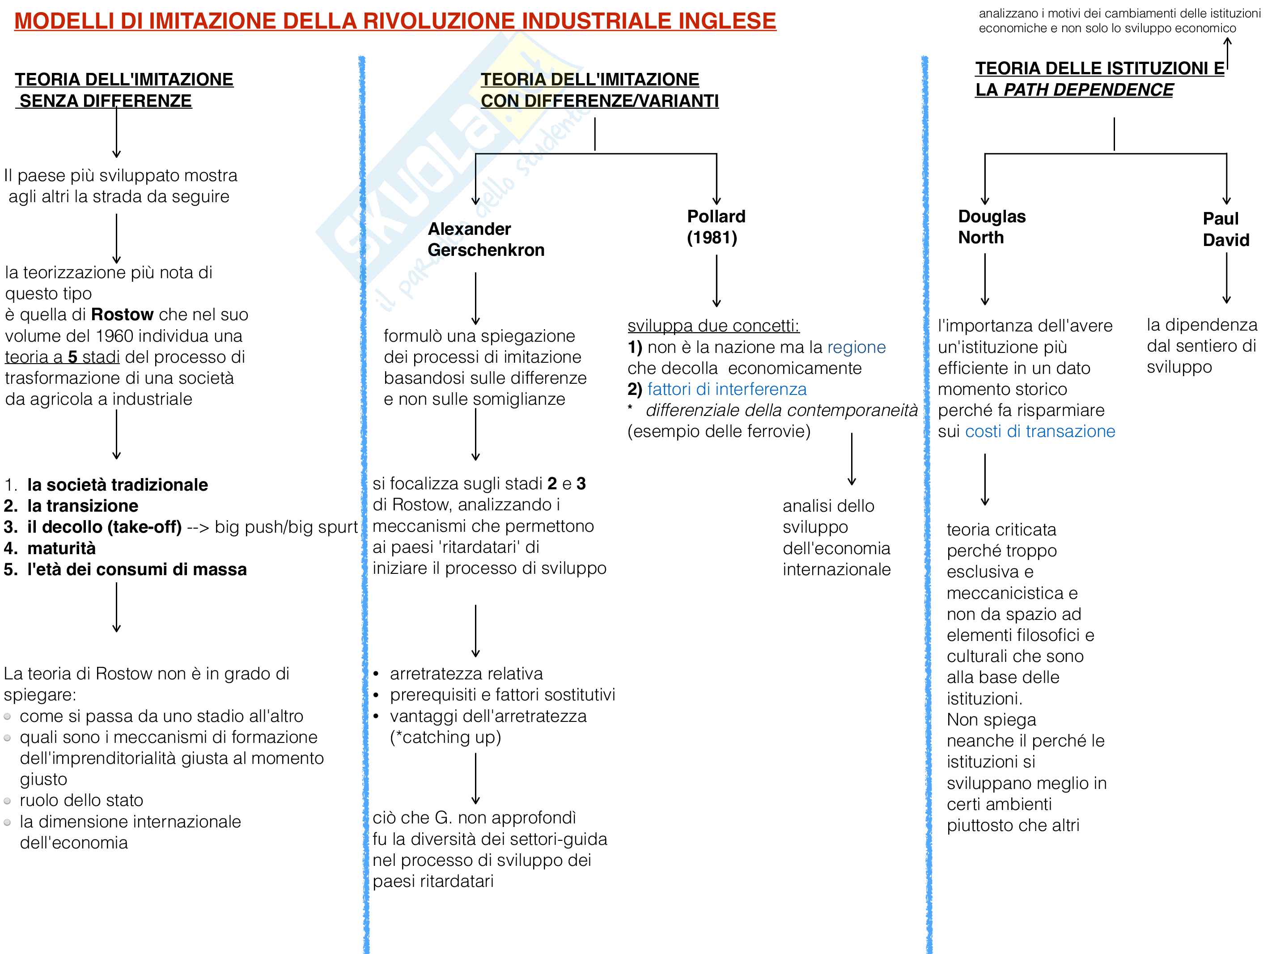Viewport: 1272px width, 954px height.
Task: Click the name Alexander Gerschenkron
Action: coord(485,239)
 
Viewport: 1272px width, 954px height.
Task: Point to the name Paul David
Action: coord(1225,229)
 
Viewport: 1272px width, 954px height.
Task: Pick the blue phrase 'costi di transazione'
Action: coord(1040,431)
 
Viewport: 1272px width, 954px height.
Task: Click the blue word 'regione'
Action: coord(856,348)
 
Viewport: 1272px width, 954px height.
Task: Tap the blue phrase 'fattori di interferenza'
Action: coord(727,389)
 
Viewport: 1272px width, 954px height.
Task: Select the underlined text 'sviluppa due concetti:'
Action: coord(713,326)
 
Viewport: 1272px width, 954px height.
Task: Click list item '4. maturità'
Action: coord(51,548)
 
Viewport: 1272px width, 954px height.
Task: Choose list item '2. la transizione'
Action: coord(71,506)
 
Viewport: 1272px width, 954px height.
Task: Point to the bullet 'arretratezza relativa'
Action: coord(466,674)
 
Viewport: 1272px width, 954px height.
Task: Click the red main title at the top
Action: coord(394,21)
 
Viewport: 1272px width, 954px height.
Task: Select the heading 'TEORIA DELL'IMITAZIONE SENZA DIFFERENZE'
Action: coord(123,90)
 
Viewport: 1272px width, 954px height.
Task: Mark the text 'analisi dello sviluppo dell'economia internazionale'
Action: coord(836,538)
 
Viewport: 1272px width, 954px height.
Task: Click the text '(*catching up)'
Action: coord(445,737)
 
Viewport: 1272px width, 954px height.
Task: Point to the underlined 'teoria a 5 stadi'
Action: coord(62,357)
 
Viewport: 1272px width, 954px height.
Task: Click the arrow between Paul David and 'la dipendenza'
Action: coord(1226,278)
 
